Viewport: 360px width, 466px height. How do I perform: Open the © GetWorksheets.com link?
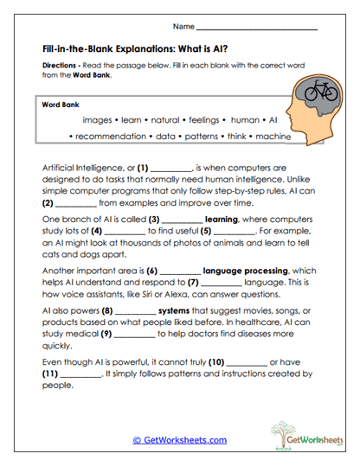179,440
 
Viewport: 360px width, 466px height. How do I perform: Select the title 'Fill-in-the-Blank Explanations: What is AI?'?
137,50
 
